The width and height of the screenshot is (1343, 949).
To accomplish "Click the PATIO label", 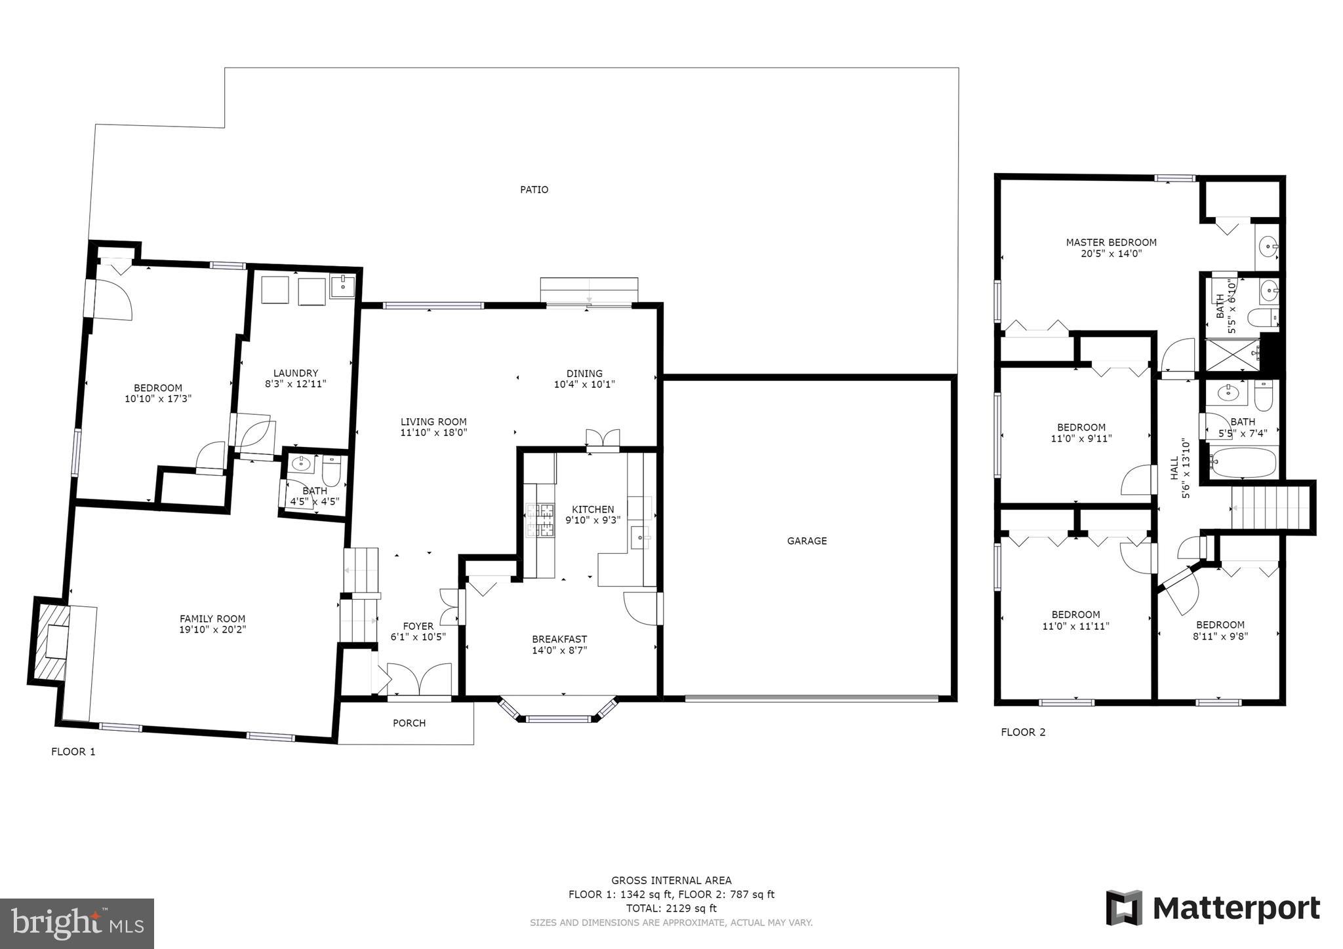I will [534, 189].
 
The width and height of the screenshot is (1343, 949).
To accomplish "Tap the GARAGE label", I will [807, 541].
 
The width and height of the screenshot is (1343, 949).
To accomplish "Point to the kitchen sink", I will [639, 537].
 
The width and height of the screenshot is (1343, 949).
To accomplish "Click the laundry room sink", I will [342, 286].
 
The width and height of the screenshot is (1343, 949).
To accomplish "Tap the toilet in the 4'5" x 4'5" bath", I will [332, 470].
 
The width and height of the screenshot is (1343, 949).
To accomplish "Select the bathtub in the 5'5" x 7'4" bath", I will [1243, 463].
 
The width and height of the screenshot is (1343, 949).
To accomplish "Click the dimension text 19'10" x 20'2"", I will [212, 630].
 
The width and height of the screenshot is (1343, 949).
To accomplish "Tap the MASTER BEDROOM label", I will [1111, 242].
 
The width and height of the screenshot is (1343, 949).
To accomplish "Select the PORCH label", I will [409, 723].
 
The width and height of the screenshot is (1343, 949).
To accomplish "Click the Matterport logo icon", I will [1124, 908].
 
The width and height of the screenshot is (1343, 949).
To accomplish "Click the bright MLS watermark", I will [77, 923].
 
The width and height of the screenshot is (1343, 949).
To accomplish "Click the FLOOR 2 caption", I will [1023, 732].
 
